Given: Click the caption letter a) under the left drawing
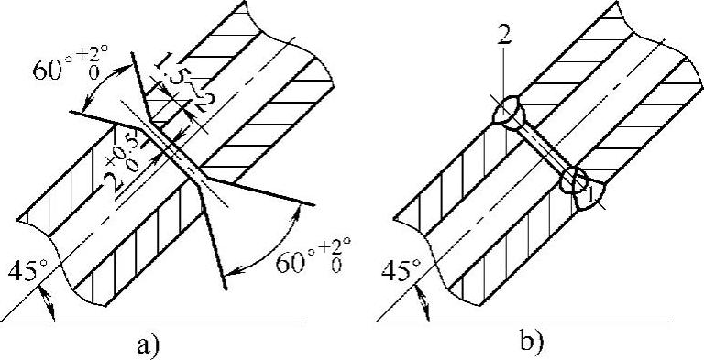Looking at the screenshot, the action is (147, 345).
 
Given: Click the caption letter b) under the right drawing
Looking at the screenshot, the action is (532, 343).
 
